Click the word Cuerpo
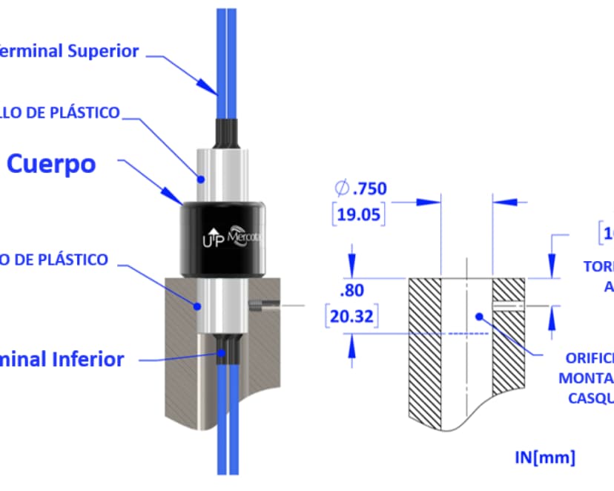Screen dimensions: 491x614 (x=51, y=164)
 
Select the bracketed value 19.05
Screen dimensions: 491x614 (x=363, y=215)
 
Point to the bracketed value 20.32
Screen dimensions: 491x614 (x=351, y=317)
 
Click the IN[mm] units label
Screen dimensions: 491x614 (x=544, y=455)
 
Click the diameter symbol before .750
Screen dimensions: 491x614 (x=342, y=189)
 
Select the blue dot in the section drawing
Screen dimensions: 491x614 (x=480, y=316)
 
